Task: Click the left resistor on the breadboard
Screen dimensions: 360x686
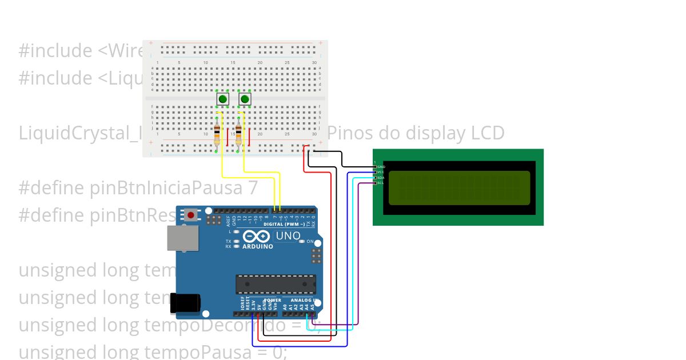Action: coord(216,135)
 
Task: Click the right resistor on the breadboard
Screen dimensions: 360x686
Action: coord(238,135)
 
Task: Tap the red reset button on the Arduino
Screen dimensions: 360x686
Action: coord(190,215)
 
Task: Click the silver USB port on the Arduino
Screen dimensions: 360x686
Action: coord(182,238)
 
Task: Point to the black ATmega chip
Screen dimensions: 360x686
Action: coord(276,284)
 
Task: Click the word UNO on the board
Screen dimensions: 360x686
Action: coord(288,236)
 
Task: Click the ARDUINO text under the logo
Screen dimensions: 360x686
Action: coord(258,246)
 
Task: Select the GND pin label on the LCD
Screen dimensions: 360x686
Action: coord(381,167)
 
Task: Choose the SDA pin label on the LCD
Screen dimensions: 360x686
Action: coord(381,178)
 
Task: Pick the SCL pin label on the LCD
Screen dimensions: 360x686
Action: coord(381,183)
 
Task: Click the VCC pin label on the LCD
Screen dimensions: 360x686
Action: coord(381,172)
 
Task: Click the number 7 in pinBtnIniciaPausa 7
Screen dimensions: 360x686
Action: coord(253,188)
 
